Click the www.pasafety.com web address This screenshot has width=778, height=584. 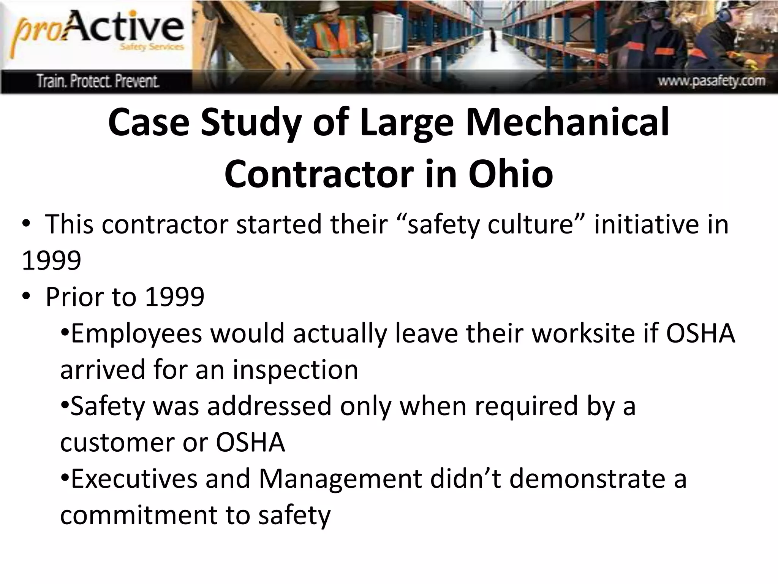[711, 81]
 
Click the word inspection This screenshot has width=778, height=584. [295, 370]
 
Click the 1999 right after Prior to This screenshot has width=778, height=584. [175, 297]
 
